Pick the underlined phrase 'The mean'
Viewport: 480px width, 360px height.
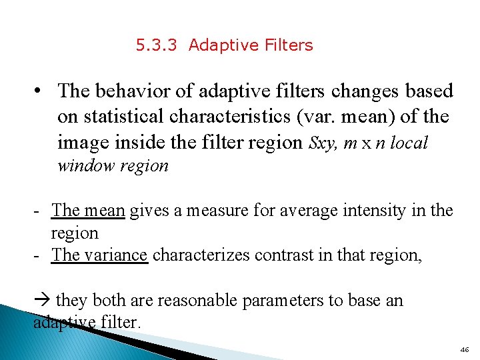point(88,211)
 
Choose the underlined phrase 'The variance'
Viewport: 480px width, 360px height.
point(99,255)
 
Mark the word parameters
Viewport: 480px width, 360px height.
point(286,301)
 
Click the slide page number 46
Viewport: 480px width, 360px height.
point(464,349)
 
